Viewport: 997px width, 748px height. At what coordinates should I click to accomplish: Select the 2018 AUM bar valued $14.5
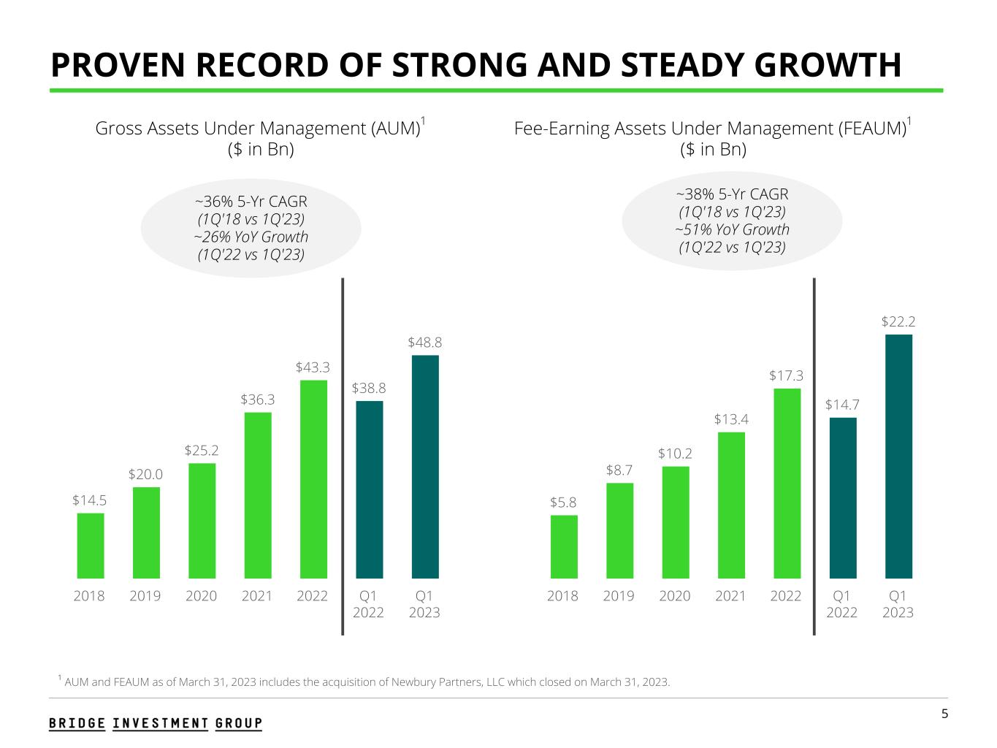[91, 545]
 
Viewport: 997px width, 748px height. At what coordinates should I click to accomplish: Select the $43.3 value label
[313, 367]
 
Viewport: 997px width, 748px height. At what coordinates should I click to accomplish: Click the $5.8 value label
[563, 503]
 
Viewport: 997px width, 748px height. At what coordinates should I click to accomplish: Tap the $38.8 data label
[369, 389]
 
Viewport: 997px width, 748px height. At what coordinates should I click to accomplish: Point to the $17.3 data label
[786, 375]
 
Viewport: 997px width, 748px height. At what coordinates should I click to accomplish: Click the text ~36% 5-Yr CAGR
[251, 202]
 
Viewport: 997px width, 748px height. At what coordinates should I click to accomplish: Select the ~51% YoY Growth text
[732, 229]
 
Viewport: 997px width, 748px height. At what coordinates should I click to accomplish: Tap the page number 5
[944, 714]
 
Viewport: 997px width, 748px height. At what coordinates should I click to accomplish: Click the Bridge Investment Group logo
[156, 723]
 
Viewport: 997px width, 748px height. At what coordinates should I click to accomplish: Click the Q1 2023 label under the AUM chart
[424, 604]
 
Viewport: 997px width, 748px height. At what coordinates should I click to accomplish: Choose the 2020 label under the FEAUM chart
[675, 596]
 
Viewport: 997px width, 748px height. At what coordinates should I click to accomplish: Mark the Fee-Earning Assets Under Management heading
[710, 129]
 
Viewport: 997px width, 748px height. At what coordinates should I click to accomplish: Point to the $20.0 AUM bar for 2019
[146, 532]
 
